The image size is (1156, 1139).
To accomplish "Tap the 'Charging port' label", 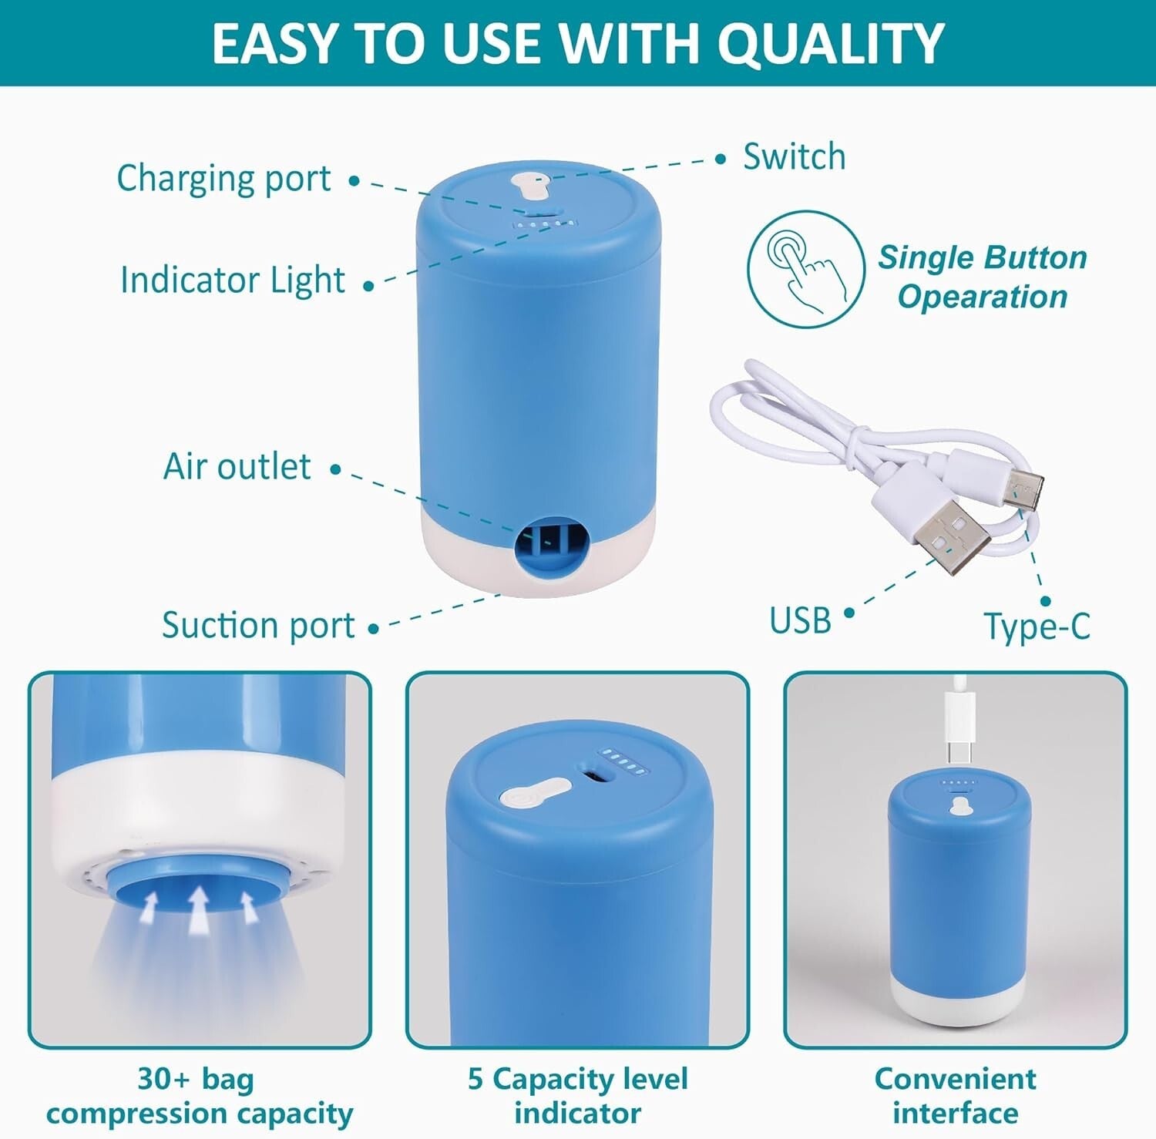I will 223,179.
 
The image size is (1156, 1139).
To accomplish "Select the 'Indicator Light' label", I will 232,280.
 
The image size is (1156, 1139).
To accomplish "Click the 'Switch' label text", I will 794,157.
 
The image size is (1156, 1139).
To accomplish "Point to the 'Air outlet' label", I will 237,466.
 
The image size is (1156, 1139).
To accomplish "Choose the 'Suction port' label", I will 258,625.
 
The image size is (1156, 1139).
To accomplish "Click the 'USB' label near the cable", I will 800,620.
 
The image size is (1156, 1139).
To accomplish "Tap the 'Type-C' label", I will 1037,627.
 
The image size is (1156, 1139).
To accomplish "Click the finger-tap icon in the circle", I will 805,269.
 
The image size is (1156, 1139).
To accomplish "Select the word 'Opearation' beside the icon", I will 983,297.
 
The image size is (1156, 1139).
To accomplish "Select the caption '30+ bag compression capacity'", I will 199,1096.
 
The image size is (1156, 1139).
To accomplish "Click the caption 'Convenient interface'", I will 955,1096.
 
